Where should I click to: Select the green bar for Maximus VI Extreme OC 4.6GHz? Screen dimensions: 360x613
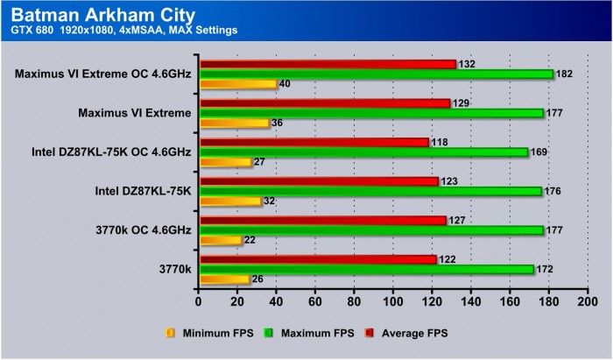coord(377,74)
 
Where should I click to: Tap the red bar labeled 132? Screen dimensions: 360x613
coord(328,64)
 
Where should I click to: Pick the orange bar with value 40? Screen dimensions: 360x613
coord(238,84)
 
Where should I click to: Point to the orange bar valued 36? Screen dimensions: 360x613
coord(235,123)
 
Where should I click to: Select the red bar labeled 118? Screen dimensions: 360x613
coord(314,142)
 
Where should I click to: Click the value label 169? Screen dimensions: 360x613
coord(541,152)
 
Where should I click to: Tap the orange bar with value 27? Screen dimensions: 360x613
coord(226,162)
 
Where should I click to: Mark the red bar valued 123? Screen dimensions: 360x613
coord(319,181)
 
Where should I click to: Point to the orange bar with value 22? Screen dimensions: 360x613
coord(221,240)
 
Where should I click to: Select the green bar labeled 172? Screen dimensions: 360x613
coord(367,269)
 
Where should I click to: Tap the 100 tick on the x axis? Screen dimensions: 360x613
coord(393,302)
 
